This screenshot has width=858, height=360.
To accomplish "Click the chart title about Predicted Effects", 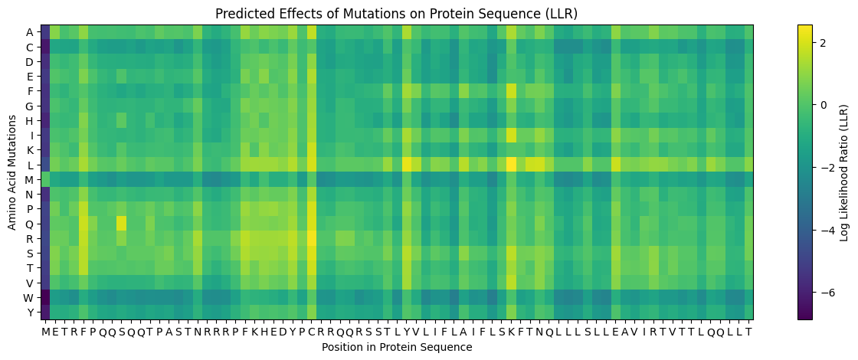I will pos(396,14).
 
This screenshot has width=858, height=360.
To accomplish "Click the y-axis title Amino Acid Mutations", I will pos(12,172).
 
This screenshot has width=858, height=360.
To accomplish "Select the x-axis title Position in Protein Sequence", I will pos(396,347).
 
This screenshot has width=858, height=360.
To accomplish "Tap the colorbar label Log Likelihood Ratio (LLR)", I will pos(844,172).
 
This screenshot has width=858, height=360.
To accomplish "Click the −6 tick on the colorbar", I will pos(826,293).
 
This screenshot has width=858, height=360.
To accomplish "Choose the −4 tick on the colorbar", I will pos(826,230).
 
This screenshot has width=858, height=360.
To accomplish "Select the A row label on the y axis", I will pos(30,31).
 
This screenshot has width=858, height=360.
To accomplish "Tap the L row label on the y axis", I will pos(30,165).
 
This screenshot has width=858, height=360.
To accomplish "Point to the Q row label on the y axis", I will pos(30,224).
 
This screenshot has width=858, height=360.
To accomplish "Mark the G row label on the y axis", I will pos(30,106).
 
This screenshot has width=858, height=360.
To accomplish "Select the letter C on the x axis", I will pos(311,332).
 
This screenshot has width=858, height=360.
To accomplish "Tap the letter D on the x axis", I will pos(283,332).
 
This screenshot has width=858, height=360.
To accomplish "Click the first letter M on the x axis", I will pos(45,332).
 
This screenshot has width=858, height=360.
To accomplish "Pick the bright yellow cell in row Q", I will pos(120,224).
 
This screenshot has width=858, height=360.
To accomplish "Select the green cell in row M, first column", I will pos(45,179).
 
